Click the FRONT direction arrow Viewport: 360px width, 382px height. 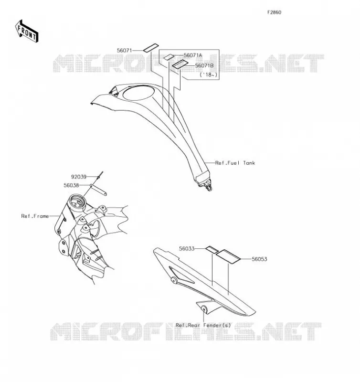tap(27, 31)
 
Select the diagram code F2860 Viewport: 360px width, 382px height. tap(274, 12)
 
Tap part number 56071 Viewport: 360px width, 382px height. tap(124, 51)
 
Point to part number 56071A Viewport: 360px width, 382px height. tap(193, 55)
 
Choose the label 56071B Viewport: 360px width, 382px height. tap(204, 65)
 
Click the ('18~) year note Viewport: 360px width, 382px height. tap(208, 74)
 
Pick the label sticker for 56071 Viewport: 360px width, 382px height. tap(151, 48)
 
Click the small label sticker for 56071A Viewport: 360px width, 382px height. tap(169, 57)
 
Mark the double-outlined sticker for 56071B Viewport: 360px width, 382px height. tap(180, 64)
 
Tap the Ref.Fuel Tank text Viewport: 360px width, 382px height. tap(235, 163)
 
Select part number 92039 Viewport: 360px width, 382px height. tap(79, 177)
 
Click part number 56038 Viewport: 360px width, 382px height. tap(71, 185)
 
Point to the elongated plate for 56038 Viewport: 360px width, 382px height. tap(98, 190)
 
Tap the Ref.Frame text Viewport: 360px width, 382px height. tap(35, 216)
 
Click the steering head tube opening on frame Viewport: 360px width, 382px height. tap(77, 201)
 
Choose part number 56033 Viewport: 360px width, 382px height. tap(187, 249)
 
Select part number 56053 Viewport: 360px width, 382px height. tap(259, 259)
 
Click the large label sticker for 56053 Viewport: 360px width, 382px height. tap(228, 256)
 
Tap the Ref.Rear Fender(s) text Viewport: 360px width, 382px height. tap(203, 326)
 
